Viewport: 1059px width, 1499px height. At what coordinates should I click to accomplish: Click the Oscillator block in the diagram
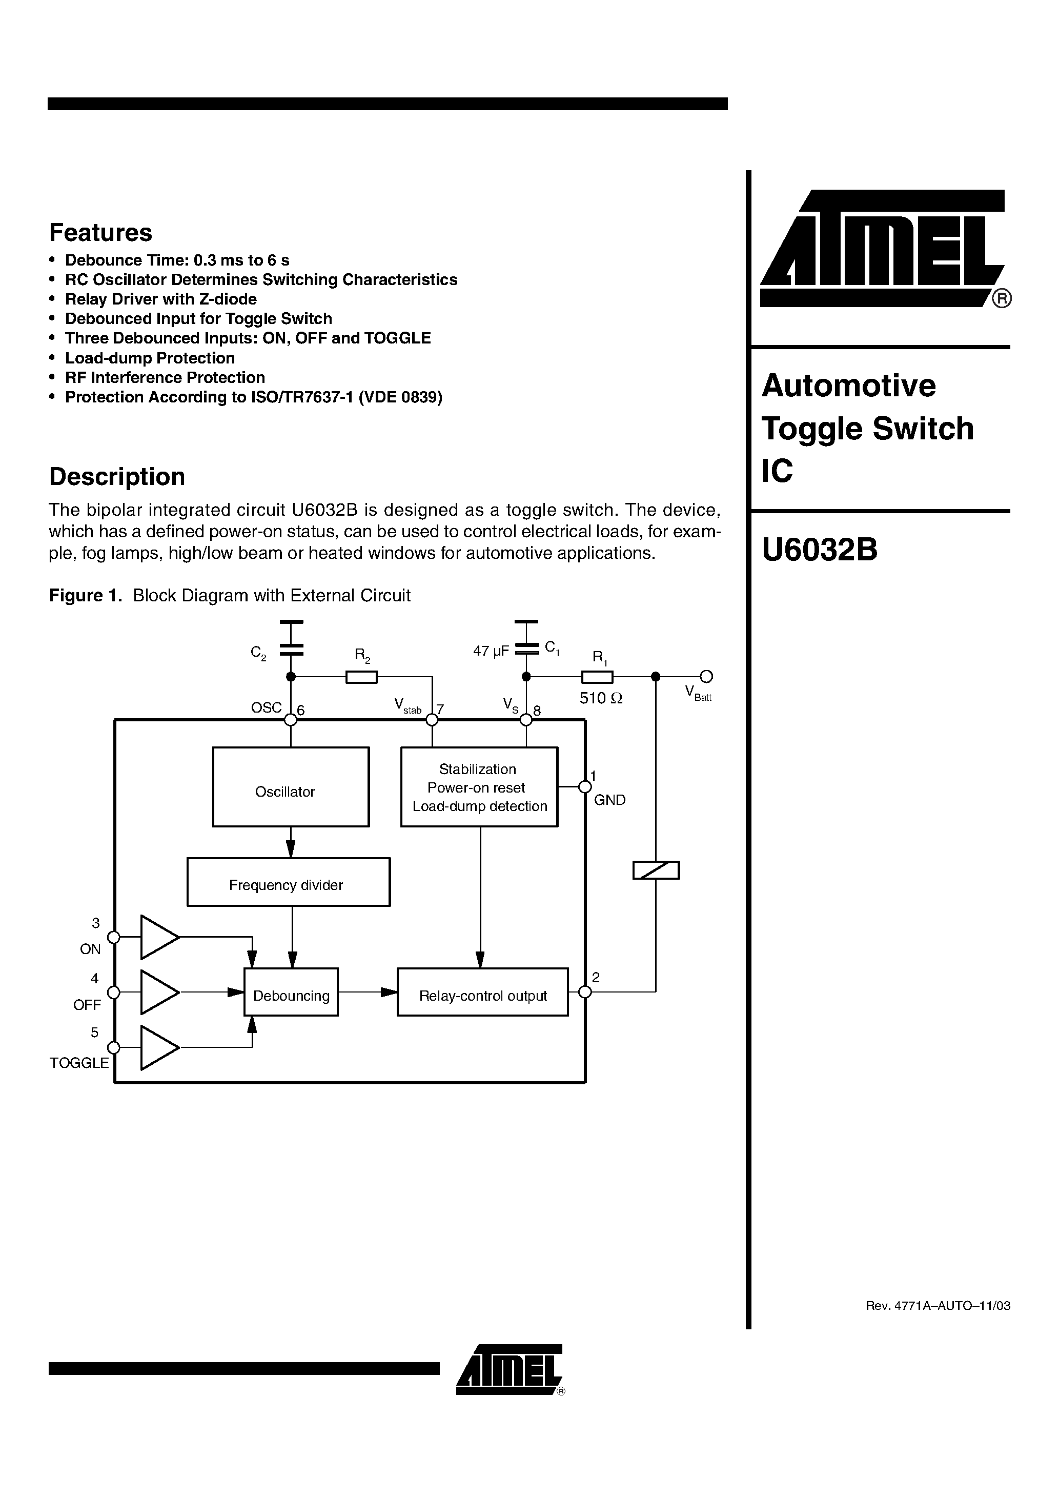pos(291,787)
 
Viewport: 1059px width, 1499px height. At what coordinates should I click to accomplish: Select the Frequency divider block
pos(288,882)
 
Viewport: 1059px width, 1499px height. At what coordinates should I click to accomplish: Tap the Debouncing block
pos(291,991)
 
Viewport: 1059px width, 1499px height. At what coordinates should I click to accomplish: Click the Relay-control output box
pos(482,991)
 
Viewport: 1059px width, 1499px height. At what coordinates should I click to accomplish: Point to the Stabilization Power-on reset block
pos(479,787)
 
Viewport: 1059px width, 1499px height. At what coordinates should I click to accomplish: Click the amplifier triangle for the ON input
pos(157,937)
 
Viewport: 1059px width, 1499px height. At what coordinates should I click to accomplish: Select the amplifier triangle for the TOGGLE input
pos(157,1048)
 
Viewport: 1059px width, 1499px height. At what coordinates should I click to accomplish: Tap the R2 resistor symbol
pos(361,677)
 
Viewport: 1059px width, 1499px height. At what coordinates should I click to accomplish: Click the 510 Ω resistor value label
pos(601,699)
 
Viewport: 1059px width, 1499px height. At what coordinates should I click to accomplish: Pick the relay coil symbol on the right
pos(656,870)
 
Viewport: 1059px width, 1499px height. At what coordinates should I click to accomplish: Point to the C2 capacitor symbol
pos(291,650)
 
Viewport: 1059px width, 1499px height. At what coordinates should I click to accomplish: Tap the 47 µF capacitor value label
pos(491,651)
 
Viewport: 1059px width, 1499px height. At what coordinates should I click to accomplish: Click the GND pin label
pos(609,800)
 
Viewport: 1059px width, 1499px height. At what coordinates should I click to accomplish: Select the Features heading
pos(100,232)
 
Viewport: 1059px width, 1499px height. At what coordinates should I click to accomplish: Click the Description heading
pos(117,477)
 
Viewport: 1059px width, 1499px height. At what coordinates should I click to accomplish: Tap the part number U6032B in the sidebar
pos(820,550)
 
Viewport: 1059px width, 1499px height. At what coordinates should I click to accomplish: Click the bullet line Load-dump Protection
pos(150,358)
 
